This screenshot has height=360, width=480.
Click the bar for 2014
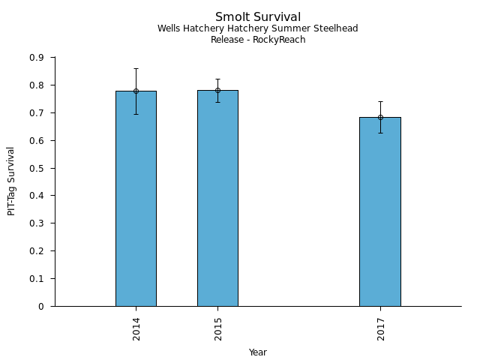[x=136, y=199]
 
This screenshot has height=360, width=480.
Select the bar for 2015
[x=217, y=199]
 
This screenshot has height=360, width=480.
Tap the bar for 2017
[x=380, y=211]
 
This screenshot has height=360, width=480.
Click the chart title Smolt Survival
[x=258, y=17]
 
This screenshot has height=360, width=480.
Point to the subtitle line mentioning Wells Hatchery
[x=258, y=28]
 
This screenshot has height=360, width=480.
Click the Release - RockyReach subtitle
[x=258, y=40]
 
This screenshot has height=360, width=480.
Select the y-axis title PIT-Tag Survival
[x=11, y=181]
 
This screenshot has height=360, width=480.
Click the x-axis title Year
[x=258, y=352]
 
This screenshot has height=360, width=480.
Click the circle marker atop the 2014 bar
[x=136, y=91]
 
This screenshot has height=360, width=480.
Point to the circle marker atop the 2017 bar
[x=380, y=117]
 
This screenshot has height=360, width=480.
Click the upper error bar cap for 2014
[x=136, y=68]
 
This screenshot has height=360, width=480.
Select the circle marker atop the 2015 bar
[x=217, y=90]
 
